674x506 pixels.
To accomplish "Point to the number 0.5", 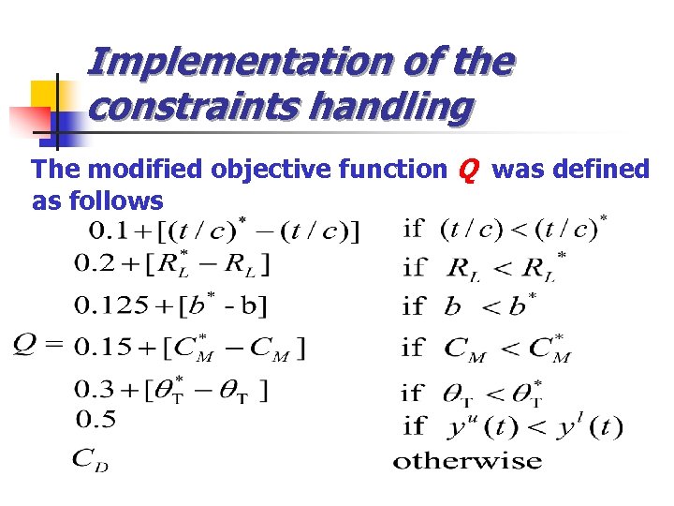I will [x=94, y=419].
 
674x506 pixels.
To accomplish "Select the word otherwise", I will [x=467, y=460].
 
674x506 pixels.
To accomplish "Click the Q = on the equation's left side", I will [x=37, y=346].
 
